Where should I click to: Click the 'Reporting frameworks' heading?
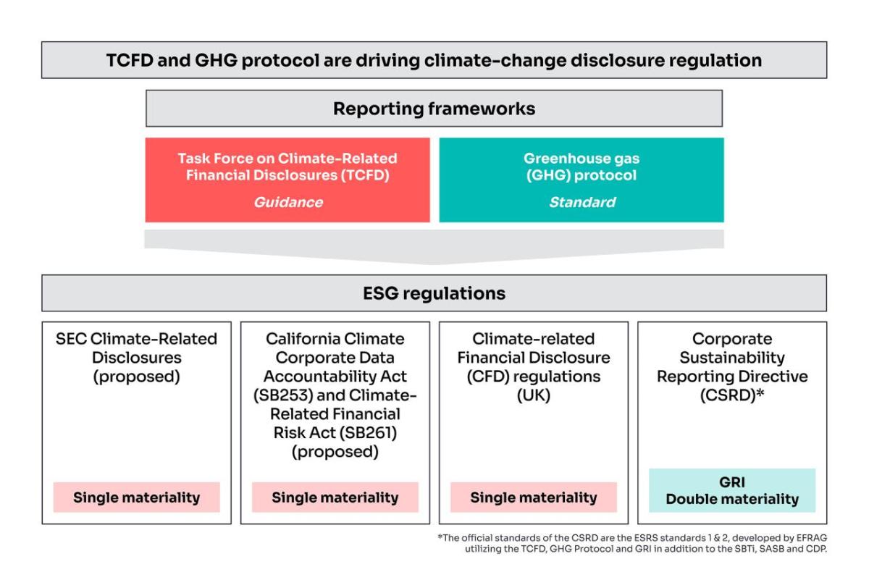click(x=434, y=109)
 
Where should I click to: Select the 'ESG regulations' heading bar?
click(x=434, y=293)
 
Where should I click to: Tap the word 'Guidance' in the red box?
click(x=287, y=202)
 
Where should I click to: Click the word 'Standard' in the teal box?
click(x=582, y=202)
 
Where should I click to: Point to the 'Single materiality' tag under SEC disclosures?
click(x=136, y=497)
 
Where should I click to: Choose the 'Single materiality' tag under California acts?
click(x=335, y=497)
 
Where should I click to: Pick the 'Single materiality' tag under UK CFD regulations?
click(x=533, y=497)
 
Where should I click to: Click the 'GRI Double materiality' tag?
click(x=731, y=490)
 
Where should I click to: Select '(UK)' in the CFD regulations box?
click(x=534, y=395)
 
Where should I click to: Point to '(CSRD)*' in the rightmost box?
click(x=731, y=395)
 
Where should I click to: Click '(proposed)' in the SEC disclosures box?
click(x=136, y=377)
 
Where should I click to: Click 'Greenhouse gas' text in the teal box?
click(x=582, y=158)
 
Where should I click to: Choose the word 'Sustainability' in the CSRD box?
click(x=731, y=358)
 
